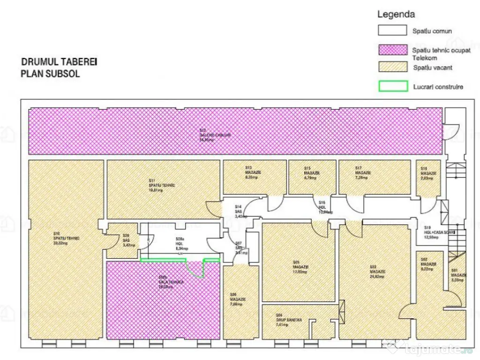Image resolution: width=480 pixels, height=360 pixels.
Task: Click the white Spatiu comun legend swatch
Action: [x=392, y=30]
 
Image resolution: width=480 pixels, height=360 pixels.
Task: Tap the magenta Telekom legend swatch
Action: [x=392, y=50]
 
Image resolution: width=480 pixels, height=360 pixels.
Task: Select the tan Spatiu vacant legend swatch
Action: [x=392, y=67]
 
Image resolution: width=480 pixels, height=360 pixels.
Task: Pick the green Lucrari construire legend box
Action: [x=392, y=87]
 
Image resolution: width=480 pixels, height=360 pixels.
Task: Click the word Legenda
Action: [x=396, y=15]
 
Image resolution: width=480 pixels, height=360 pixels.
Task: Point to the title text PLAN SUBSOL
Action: [x=50, y=74]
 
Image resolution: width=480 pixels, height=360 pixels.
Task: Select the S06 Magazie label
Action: [x=237, y=300]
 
